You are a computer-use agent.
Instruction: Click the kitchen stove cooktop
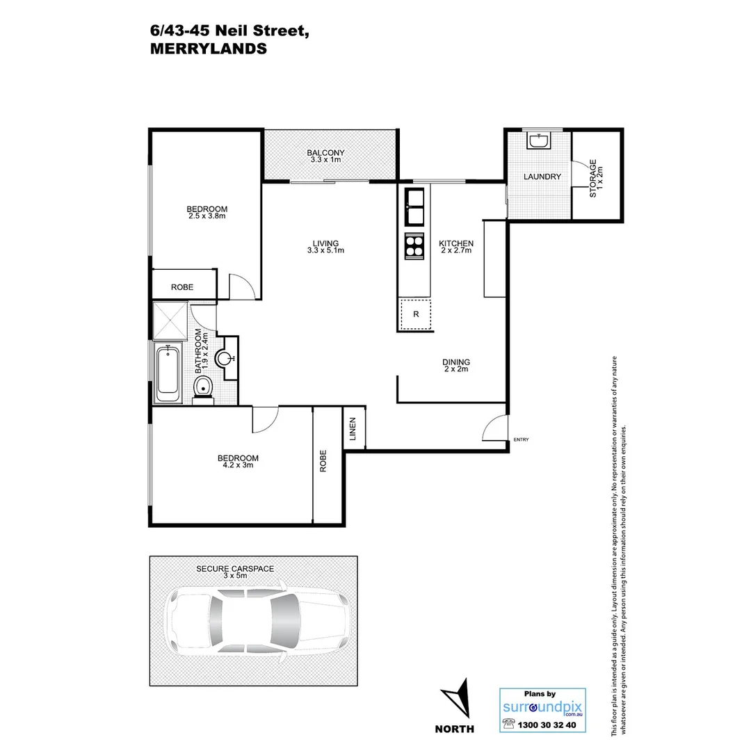[415, 246]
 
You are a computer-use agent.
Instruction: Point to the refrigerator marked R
[416, 314]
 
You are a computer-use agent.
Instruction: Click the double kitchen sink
[415, 206]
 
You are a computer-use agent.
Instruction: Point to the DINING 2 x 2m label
[456, 365]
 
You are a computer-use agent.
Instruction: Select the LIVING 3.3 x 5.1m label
[326, 246]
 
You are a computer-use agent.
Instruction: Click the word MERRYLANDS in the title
[208, 49]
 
